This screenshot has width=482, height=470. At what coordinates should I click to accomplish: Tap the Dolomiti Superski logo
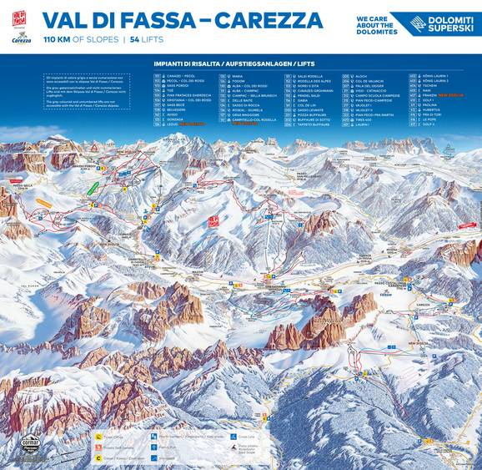pos(437,23)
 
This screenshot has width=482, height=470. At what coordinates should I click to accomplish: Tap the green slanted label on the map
pos(97,182)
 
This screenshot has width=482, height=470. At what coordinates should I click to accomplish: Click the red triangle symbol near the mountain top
pos(94,147)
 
